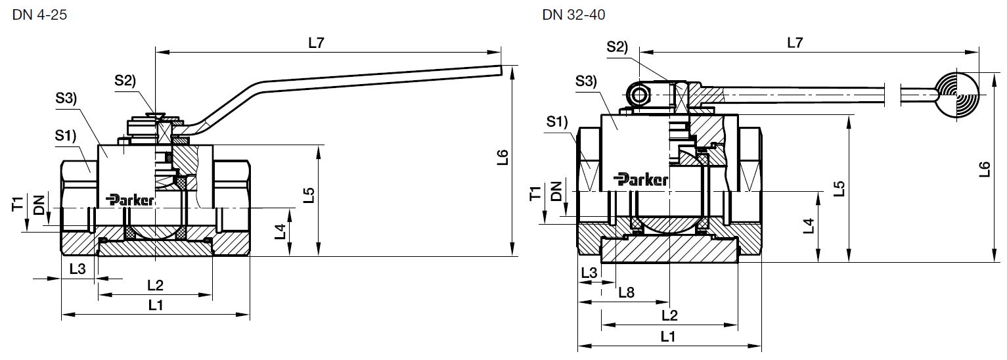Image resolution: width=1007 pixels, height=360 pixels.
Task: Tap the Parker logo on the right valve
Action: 642,179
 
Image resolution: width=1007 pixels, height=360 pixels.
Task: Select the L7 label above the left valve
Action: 316,43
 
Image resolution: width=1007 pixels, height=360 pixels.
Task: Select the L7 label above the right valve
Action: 795,43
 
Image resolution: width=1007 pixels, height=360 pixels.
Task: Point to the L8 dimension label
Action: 626,292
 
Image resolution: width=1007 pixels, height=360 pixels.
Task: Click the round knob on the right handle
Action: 956,94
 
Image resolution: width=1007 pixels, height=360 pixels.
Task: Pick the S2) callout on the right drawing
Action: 617,47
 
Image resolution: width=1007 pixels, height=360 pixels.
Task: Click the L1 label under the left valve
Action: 156,305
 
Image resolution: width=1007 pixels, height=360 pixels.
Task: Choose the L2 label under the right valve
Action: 669,315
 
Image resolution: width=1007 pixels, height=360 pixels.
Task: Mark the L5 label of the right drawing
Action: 839,189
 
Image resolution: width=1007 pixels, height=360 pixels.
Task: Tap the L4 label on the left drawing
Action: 280,231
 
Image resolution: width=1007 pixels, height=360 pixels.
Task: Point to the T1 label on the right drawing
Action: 535,193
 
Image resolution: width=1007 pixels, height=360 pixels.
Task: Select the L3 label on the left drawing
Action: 77,269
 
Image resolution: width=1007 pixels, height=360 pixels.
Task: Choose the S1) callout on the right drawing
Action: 556,122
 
